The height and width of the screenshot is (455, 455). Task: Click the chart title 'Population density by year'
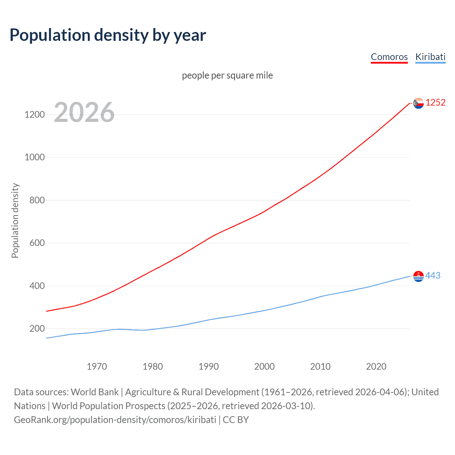coord(108,35)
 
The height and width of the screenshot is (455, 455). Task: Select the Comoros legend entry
coord(389,57)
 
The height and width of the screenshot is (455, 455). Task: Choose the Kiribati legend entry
coord(430,57)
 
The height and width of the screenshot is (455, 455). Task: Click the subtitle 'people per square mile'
coord(227,75)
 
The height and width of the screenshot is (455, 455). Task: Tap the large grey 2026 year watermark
coord(84,112)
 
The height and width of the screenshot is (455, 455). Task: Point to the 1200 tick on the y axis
coord(34,114)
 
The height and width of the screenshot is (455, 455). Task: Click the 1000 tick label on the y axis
coord(34,157)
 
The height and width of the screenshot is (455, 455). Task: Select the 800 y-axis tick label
coord(37,200)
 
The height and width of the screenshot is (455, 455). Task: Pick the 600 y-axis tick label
coord(37,243)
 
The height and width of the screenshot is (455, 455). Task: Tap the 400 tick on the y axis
coord(37,286)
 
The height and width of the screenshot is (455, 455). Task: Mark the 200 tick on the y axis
coord(37,328)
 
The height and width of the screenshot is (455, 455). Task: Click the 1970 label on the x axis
coord(97,366)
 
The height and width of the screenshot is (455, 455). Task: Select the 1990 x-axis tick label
coord(209,366)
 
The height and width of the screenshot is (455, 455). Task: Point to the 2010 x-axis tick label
coord(320,366)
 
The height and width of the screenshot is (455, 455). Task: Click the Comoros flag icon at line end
coord(418,103)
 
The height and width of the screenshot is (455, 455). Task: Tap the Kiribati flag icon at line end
coord(418,276)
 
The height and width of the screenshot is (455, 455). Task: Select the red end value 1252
coord(435,103)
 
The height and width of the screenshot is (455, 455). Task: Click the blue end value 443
coord(433,275)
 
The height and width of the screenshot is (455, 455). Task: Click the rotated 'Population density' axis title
coord(15,220)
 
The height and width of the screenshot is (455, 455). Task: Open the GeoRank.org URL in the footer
coord(115,420)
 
